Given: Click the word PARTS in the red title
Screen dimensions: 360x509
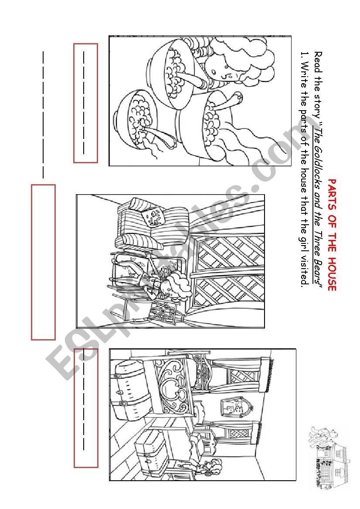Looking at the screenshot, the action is coord(332,193).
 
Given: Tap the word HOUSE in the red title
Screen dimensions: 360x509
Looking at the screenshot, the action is coord(332,273).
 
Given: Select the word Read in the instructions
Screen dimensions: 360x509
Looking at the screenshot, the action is coord(318,62).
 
